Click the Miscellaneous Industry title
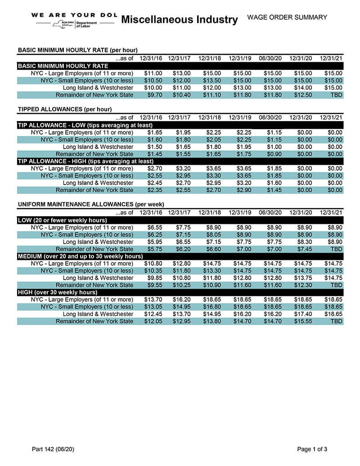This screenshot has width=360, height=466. [179, 19]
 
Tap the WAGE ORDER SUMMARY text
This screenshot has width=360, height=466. [287, 18]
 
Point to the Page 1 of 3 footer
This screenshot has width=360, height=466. [312, 449]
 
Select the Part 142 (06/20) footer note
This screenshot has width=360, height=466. [53, 449]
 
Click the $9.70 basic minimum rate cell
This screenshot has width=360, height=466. [153, 95]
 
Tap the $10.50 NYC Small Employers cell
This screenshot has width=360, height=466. [153, 81]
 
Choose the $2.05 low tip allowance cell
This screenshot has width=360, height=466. [212, 140]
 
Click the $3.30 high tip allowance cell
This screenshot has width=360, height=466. [212, 176]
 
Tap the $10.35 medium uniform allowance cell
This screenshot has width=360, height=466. [153, 271]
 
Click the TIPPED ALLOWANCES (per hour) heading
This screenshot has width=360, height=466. [65, 109]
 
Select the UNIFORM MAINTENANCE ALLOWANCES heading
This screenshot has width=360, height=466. [91, 204]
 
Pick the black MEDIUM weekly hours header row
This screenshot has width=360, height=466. [80, 256]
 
